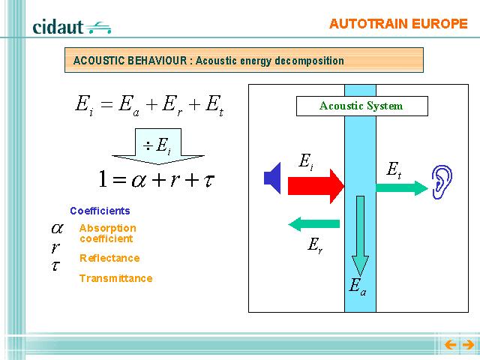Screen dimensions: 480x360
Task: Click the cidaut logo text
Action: (x=58, y=27)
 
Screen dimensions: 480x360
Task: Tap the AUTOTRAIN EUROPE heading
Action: (x=398, y=24)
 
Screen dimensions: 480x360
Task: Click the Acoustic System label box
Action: (x=361, y=106)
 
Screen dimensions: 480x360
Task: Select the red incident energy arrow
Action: (x=316, y=186)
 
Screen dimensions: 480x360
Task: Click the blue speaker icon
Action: (x=272, y=178)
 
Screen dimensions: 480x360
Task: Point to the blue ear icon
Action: (x=442, y=182)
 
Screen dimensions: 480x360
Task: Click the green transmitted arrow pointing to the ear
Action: (x=402, y=187)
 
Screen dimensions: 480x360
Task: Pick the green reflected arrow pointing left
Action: (x=314, y=224)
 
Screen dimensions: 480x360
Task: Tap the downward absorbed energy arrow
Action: (x=360, y=235)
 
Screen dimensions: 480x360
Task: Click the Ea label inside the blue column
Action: (x=357, y=286)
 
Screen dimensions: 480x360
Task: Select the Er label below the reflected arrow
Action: (x=315, y=245)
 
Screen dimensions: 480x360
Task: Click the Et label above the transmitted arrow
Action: (x=394, y=170)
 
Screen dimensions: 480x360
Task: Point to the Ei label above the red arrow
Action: (x=306, y=161)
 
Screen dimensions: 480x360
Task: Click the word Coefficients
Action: (x=100, y=211)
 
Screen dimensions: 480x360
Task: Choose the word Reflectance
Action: (x=109, y=258)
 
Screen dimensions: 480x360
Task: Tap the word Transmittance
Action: (x=116, y=278)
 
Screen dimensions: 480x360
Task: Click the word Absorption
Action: (x=108, y=228)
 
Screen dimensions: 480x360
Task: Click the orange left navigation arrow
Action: (x=450, y=345)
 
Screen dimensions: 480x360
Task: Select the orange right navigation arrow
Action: (x=468, y=345)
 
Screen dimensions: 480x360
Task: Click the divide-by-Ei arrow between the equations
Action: (x=158, y=146)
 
